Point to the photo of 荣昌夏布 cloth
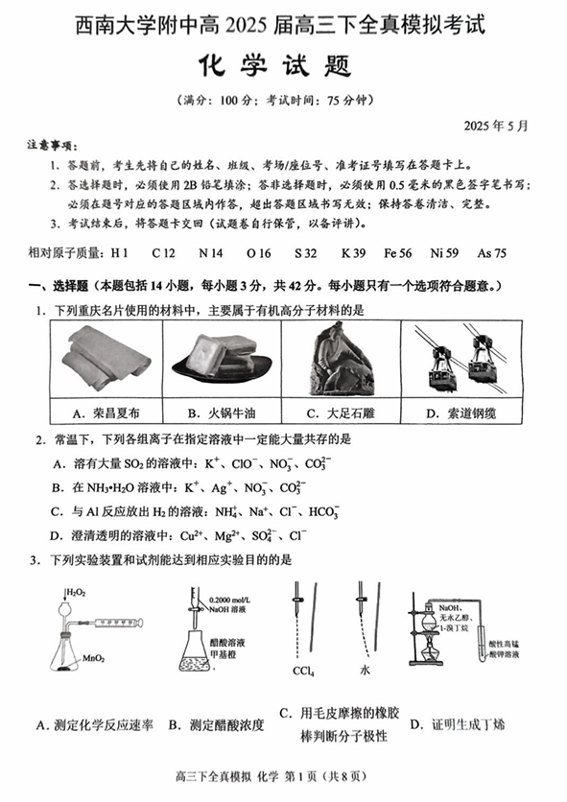pyautogui.click(x=106, y=358)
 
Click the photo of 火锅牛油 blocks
pyautogui.click(x=221, y=358)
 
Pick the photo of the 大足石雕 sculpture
pyautogui.click(x=337, y=358)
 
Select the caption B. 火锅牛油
pyautogui.click(x=222, y=413)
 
